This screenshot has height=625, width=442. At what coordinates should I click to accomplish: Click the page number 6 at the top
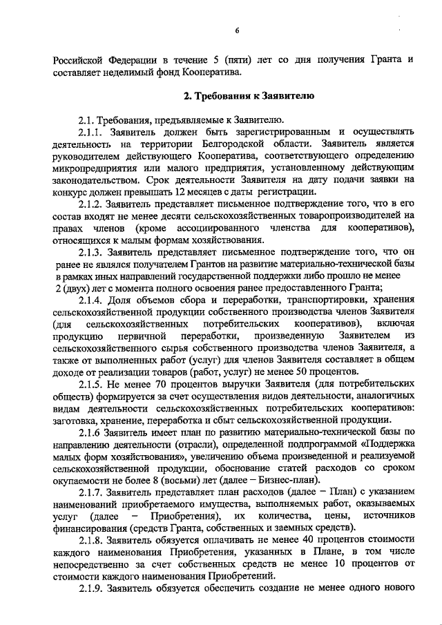pos(236,31)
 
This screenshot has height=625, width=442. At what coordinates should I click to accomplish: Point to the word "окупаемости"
pos(84,479)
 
